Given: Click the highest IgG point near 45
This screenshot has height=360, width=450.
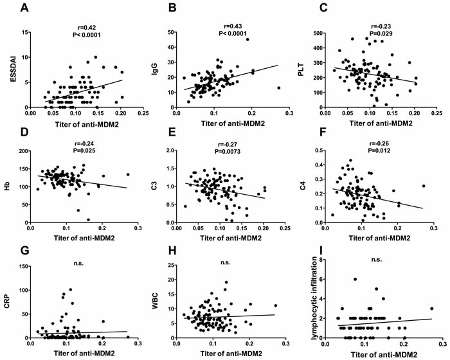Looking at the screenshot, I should (247, 39).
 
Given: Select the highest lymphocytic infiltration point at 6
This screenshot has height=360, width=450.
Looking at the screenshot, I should (373, 279).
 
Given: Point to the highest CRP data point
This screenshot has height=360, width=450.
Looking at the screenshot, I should (70, 289).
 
